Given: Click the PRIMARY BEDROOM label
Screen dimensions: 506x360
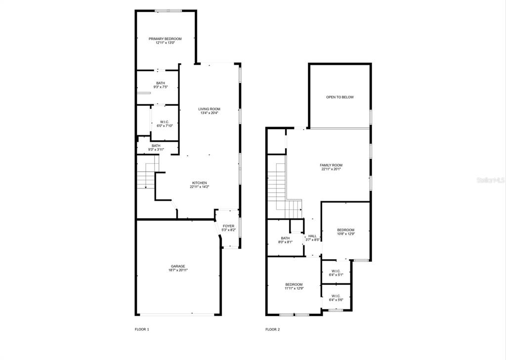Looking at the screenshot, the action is point(165,39).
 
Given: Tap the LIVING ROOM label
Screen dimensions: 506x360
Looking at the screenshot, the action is point(209,109).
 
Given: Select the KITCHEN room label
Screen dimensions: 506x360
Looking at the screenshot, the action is point(200,183).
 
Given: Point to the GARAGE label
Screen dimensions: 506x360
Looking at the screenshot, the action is point(178,267).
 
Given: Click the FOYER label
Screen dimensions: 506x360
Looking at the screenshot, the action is point(228,226).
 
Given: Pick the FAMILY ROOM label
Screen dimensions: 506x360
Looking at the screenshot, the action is point(331,165).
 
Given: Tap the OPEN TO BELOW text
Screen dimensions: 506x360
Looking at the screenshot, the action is point(340,97).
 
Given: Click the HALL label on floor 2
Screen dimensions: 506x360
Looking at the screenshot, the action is point(312,236).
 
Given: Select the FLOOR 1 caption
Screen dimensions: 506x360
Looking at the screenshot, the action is point(142,330).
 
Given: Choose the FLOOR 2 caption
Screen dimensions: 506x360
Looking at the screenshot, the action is point(273,330).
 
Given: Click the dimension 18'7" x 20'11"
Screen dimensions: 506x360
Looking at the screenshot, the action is point(178,270).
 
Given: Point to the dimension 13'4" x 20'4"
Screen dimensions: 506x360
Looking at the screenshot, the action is point(209,113).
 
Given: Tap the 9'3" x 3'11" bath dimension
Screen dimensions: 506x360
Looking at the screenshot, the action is point(156,149).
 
